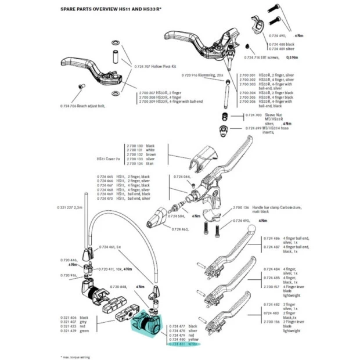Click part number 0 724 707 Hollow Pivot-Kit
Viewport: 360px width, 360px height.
[x=154, y=67]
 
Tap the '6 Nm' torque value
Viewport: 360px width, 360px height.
[x=298, y=35]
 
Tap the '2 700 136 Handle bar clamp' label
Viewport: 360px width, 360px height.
[x=256, y=207]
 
